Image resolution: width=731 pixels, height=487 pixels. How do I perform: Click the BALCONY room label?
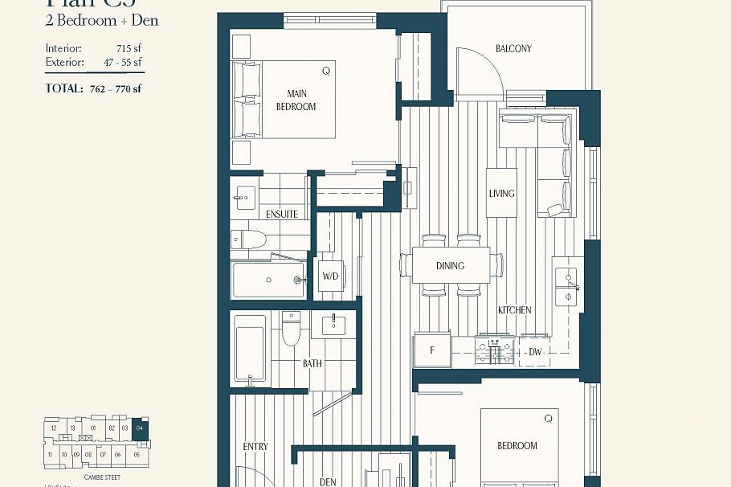[x=513, y=49]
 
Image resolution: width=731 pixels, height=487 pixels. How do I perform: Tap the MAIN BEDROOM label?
[x=296, y=100]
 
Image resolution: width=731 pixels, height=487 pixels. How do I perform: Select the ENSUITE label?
[x=281, y=215]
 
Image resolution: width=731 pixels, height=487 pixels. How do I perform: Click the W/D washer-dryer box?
[x=331, y=276]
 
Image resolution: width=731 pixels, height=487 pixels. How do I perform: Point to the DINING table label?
[x=450, y=266]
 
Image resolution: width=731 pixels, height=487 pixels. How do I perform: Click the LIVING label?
[x=501, y=194]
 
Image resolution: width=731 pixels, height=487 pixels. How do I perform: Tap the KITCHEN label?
[x=514, y=310]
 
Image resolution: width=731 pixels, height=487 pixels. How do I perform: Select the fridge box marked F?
[x=431, y=350]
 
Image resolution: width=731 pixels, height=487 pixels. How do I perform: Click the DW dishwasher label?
[x=535, y=352]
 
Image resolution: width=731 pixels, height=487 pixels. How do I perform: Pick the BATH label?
[x=312, y=364]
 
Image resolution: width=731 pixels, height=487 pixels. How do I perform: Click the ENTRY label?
[x=255, y=447]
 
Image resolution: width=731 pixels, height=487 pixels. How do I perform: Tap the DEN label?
[x=328, y=482]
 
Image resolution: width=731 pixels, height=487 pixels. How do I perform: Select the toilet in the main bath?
[x=291, y=327]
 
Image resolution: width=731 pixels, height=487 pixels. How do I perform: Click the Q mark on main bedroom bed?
[x=325, y=71]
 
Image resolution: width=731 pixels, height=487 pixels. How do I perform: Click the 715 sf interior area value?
[x=129, y=48]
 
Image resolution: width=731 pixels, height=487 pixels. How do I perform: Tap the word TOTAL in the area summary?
[x=64, y=88]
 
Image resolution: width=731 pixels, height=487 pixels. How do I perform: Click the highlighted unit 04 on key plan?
[x=141, y=428]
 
